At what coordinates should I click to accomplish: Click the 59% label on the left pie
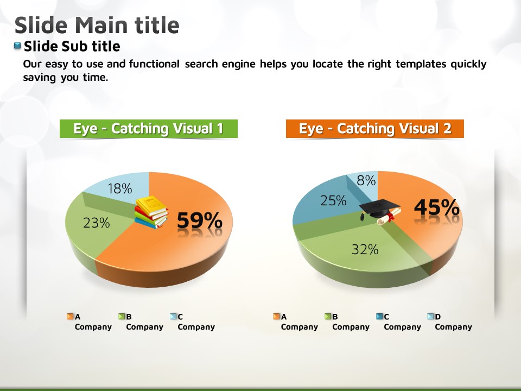[200, 220]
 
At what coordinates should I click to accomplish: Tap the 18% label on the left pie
[120, 189]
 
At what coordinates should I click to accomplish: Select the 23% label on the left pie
[97, 223]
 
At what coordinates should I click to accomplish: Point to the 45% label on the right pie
[436, 207]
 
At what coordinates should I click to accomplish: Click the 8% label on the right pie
[366, 180]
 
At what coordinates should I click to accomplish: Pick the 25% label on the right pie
[333, 200]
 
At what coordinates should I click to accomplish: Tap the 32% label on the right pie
[365, 249]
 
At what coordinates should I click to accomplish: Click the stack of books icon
[151, 212]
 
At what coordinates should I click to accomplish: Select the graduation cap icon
[380, 211]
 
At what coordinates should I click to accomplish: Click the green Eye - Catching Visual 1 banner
[149, 129]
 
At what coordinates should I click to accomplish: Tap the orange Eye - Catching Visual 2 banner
[375, 129]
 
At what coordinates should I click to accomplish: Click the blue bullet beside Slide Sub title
[17, 46]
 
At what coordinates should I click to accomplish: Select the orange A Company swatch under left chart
[70, 316]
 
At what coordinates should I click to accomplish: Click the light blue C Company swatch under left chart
[173, 316]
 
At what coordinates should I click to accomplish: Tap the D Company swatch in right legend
[430, 316]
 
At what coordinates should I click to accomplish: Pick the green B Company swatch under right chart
[328, 316]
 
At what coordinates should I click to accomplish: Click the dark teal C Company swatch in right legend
[379, 316]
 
